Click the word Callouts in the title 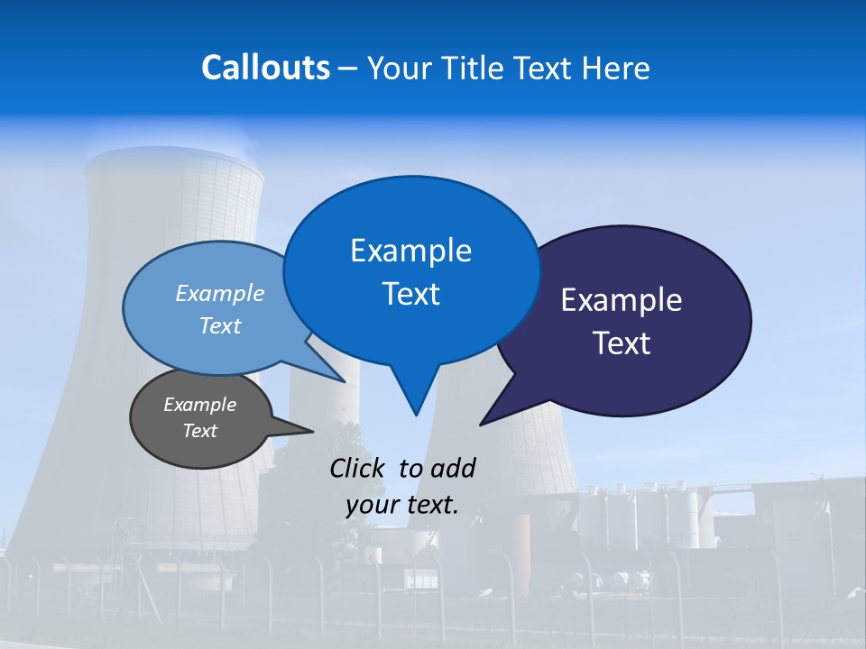coord(266,68)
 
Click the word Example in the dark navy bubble coord(622,300)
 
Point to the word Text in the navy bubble coord(622,343)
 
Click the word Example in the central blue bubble coord(410,251)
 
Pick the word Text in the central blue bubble coord(410,294)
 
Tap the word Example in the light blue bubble coord(220,294)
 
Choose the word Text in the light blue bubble coord(220,326)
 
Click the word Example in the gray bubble coord(200,405)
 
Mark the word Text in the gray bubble coord(200,431)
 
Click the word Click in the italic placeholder coord(358,468)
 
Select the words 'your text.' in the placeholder coord(402,505)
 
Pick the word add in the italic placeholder coord(452,468)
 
